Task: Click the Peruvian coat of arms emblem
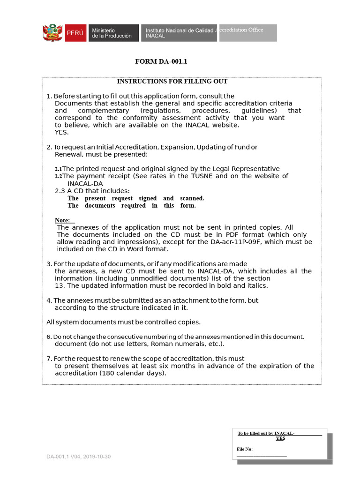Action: pyautogui.click(x=52, y=33)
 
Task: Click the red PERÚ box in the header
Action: pyautogui.click(x=75, y=33)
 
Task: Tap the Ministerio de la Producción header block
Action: pyautogui.click(x=112, y=33)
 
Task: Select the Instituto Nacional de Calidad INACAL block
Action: pyautogui.click(x=179, y=33)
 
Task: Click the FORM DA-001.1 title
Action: pyautogui.click(x=161, y=61)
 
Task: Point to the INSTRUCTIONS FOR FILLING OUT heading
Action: pyautogui.click(x=172, y=82)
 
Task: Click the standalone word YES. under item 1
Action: pyautogui.click(x=61, y=132)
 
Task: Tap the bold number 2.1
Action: pyautogui.click(x=58, y=169)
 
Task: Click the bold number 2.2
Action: pyautogui.click(x=58, y=176)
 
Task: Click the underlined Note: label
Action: pyautogui.click(x=63, y=220)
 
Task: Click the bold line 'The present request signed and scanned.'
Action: pyautogui.click(x=136, y=198)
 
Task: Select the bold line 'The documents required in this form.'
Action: pyautogui.click(x=132, y=205)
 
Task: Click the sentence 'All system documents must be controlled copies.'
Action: pyautogui.click(x=123, y=322)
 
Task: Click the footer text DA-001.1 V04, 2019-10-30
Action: pyautogui.click(x=78, y=457)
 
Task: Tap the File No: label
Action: pyautogui.click(x=245, y=449)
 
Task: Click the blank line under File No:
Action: pyautogui.click(x=262, y=456)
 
